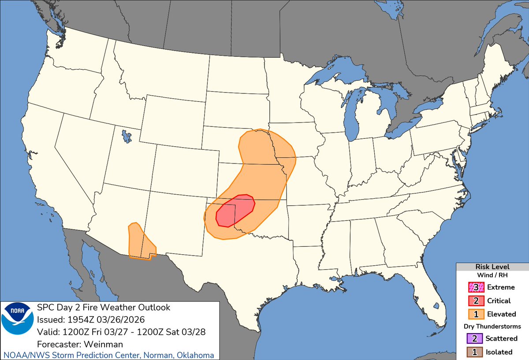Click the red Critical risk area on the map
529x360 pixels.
pyautogui.click(x=236, y=210)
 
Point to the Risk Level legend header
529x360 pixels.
pyautogui.click(x=492, y=267)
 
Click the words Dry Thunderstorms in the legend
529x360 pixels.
pyautogui.click(x=492, y=327)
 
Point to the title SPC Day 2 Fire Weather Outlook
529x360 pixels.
pyautogui.click(x=104, y=307)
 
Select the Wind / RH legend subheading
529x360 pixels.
pyautogui.click(x=492, y=275)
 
